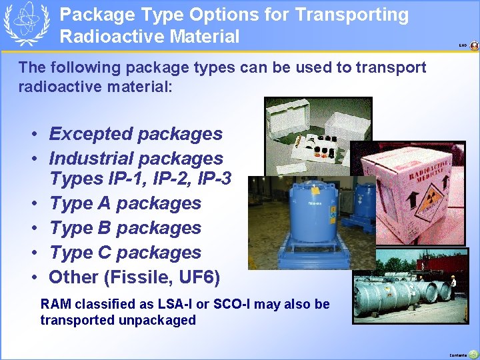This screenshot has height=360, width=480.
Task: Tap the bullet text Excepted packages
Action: pyautogui.click(x=135, y=134)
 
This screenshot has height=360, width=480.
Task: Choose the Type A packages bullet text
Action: pyautogui.click(x=125, y=203)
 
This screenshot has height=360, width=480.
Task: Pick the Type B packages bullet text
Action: pyautogui.click(x=125, y=228)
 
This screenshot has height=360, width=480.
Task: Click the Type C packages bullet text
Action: pyautogui.click(x=125, y=253)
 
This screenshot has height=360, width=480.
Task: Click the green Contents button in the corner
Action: pyautogui.click(x=473, y=354)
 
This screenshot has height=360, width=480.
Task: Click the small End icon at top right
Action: pyautogui.click(x=473, y=46)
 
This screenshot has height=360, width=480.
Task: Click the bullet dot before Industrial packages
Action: pyautogui.click(x=33, y=159)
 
